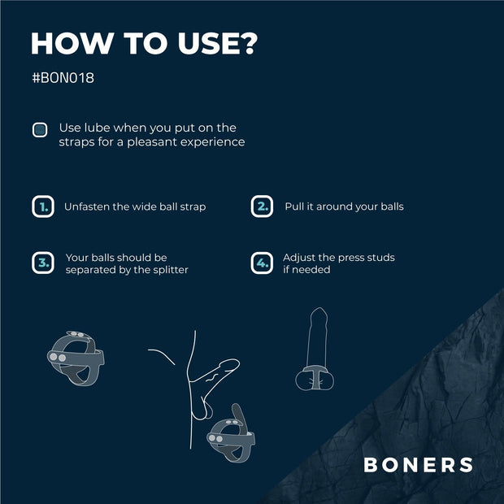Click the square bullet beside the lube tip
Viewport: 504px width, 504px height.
(x=39, y=129)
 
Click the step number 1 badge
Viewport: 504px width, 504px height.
(x=43, y=206)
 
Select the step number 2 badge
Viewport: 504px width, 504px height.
(x=262, y=206)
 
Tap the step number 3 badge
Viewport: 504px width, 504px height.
(x=43, y=263)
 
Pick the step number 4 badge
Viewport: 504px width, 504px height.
(x=262, y=263)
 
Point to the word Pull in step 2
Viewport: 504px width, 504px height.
(x=294, y=206)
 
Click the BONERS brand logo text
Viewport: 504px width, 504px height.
(x=418, y=465)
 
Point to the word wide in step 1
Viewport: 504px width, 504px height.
(x=148, y=206)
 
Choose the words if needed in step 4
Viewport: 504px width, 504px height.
(x=306, y=269)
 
